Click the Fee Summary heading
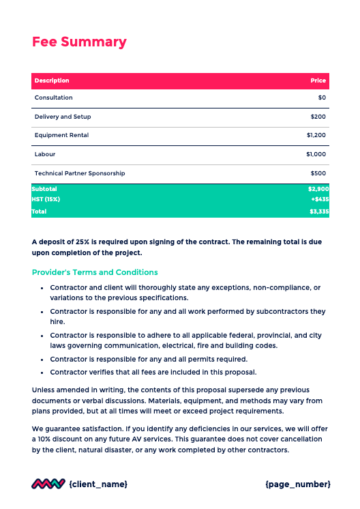[79, 42]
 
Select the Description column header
[52, 81]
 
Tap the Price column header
[318, 81]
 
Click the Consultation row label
[53, 98]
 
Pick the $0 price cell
[322, 98]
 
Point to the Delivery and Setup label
[63, 117]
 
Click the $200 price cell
[318, 117]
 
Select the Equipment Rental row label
[61, 135]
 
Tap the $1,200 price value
[316, 135]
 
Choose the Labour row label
[45, 154]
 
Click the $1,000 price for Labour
[316, 154]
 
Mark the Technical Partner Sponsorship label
[80, 173]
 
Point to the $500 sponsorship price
[318, 173]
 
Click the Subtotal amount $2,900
[318, 188]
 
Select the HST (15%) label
[46, 199]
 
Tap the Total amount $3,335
[318, 212]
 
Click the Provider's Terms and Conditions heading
[95, 272]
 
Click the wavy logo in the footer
[48, 484]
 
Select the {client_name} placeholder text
[98, 484]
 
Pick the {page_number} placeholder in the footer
[297, 484]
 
